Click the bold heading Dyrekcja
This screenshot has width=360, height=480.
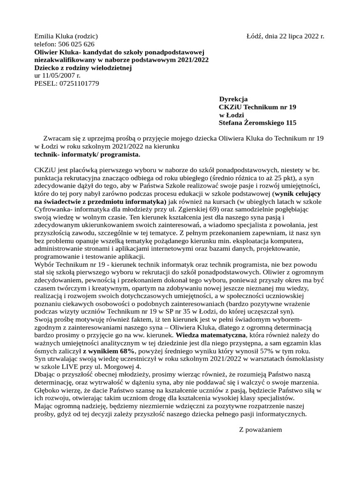[233, 99]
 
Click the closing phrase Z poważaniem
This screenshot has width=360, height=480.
[261, 429]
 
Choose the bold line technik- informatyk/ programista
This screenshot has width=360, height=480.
[87, 154]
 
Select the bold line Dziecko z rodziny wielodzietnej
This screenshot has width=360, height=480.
[83, 68]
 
